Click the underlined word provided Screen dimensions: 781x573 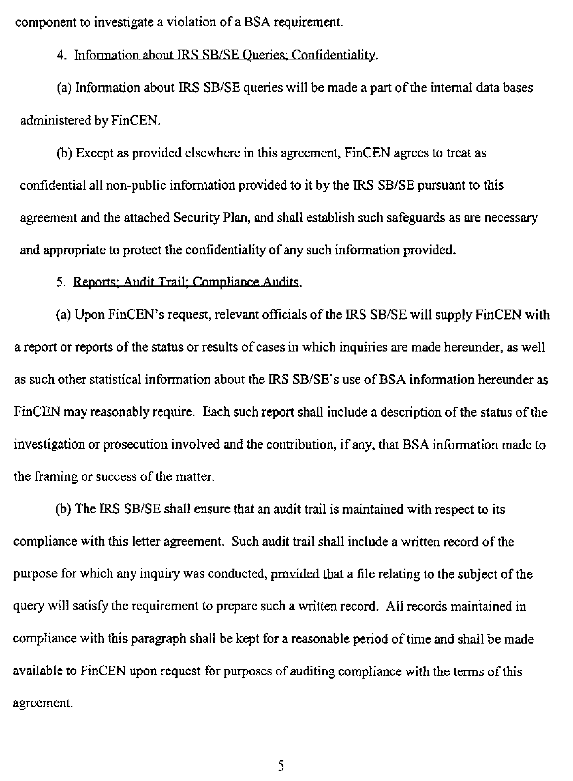(295, 575)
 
